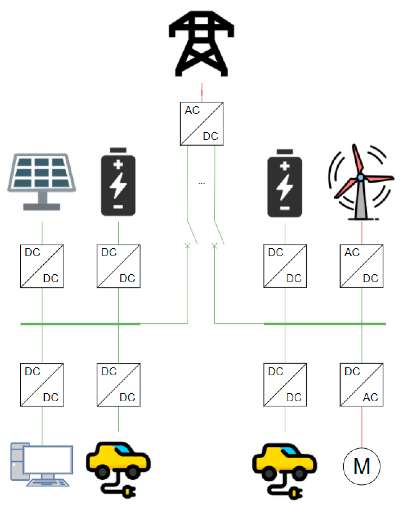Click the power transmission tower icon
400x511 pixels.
coord(201,44)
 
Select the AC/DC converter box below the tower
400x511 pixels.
coord(202,124)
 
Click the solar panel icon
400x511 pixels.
coord(42,181)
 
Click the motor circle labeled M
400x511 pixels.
coord(361,466)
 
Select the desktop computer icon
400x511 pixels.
coord(42,464)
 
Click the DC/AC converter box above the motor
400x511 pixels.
coord(361,385)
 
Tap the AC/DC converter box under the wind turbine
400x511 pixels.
coord(361,266)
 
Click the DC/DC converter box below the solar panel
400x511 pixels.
coord(42,266)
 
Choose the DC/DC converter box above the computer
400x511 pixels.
coord(42,385)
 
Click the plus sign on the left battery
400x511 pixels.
coord(118,164)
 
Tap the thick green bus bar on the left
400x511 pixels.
coord(80,324)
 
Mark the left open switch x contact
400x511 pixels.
coord(188,246)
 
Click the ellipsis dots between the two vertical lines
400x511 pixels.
coord(202,184)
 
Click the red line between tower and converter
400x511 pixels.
coord(202,92)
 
